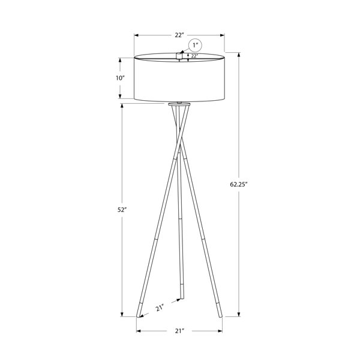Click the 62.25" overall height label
click(x=238, y=184)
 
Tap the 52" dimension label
click(x=122, y=209)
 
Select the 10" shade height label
click(x=120, y=78)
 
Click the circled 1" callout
click(x=195, y=45)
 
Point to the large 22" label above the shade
click(x=179, y=35)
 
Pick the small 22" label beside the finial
click(x=194, y=56)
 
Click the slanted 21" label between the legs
click(x=160, y=308)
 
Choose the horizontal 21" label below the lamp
click(x=180, y=331)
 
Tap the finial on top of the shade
click(x=179, y=56)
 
